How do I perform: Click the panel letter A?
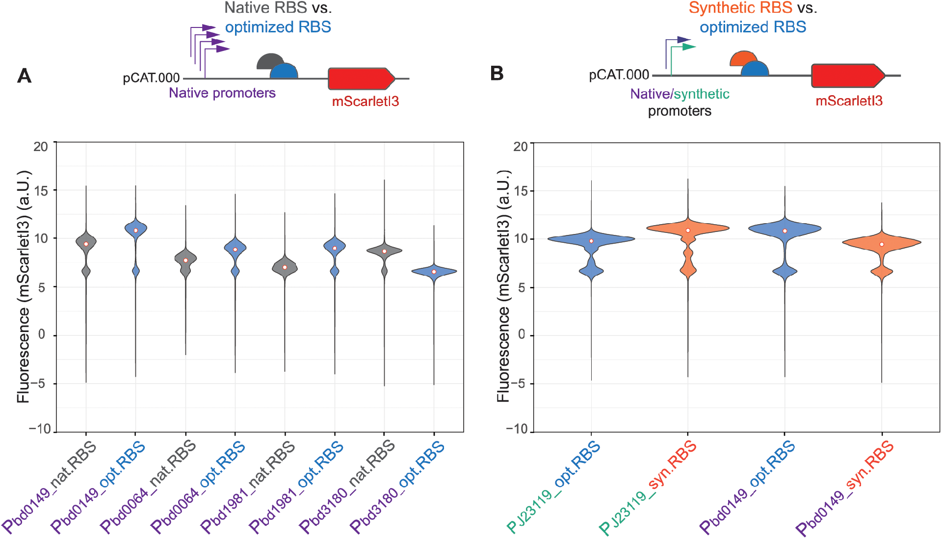click(x=24, y=76)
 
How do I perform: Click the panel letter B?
click(x=497, y=74)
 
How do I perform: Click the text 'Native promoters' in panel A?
click(x=222, y=93)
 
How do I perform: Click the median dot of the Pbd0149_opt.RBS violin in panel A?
click(x=136, y=230)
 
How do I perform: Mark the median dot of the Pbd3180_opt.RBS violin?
click(x=434, y=272)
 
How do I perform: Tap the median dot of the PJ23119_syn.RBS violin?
click(x=688, y=230)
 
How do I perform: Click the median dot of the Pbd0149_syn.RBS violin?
click(x=882, y=244)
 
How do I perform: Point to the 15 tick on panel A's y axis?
click(x=42, y=190)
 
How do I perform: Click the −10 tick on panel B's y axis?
click(x=517, y=429)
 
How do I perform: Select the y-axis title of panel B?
click(x=503, y=286)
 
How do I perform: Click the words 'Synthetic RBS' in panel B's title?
click(x=740, y=8)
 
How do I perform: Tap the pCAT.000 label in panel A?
click(x=151, y=78)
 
